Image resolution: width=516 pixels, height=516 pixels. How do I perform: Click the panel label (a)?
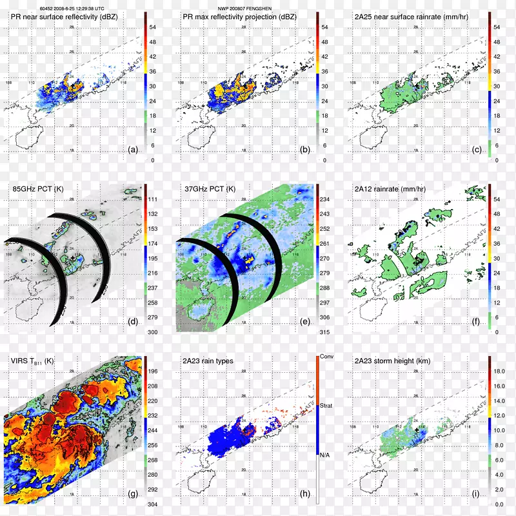[134, 149]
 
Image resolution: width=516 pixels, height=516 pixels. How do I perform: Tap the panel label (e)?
[305, 322]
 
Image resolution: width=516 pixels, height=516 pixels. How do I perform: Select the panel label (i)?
[477, 494]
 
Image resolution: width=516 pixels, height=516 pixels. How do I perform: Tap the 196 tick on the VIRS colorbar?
[154, 372]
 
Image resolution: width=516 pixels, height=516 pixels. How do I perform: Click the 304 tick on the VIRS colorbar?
[154, 504]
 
